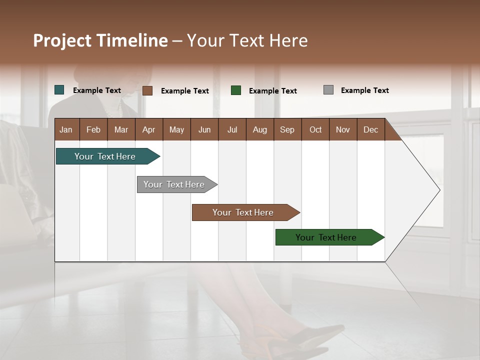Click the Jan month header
click(x=66, y=129)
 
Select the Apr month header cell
click(x=148, y=129)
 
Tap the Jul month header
click(x=232, y=129)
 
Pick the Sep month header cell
click(x=287, y=129)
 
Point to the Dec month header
click(x=370, y=129)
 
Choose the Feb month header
click(x=93, y=129)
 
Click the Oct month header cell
click(x=315, y=129)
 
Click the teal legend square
click(x=59, y=90)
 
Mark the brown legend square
click(x=147, y=90)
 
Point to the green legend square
click(x=236, y=90)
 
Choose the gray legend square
click(x=328, y=90)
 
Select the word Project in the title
click(x=62, y=40)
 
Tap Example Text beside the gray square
click(x=364, y=90)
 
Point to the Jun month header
click(x=204, y=129)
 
